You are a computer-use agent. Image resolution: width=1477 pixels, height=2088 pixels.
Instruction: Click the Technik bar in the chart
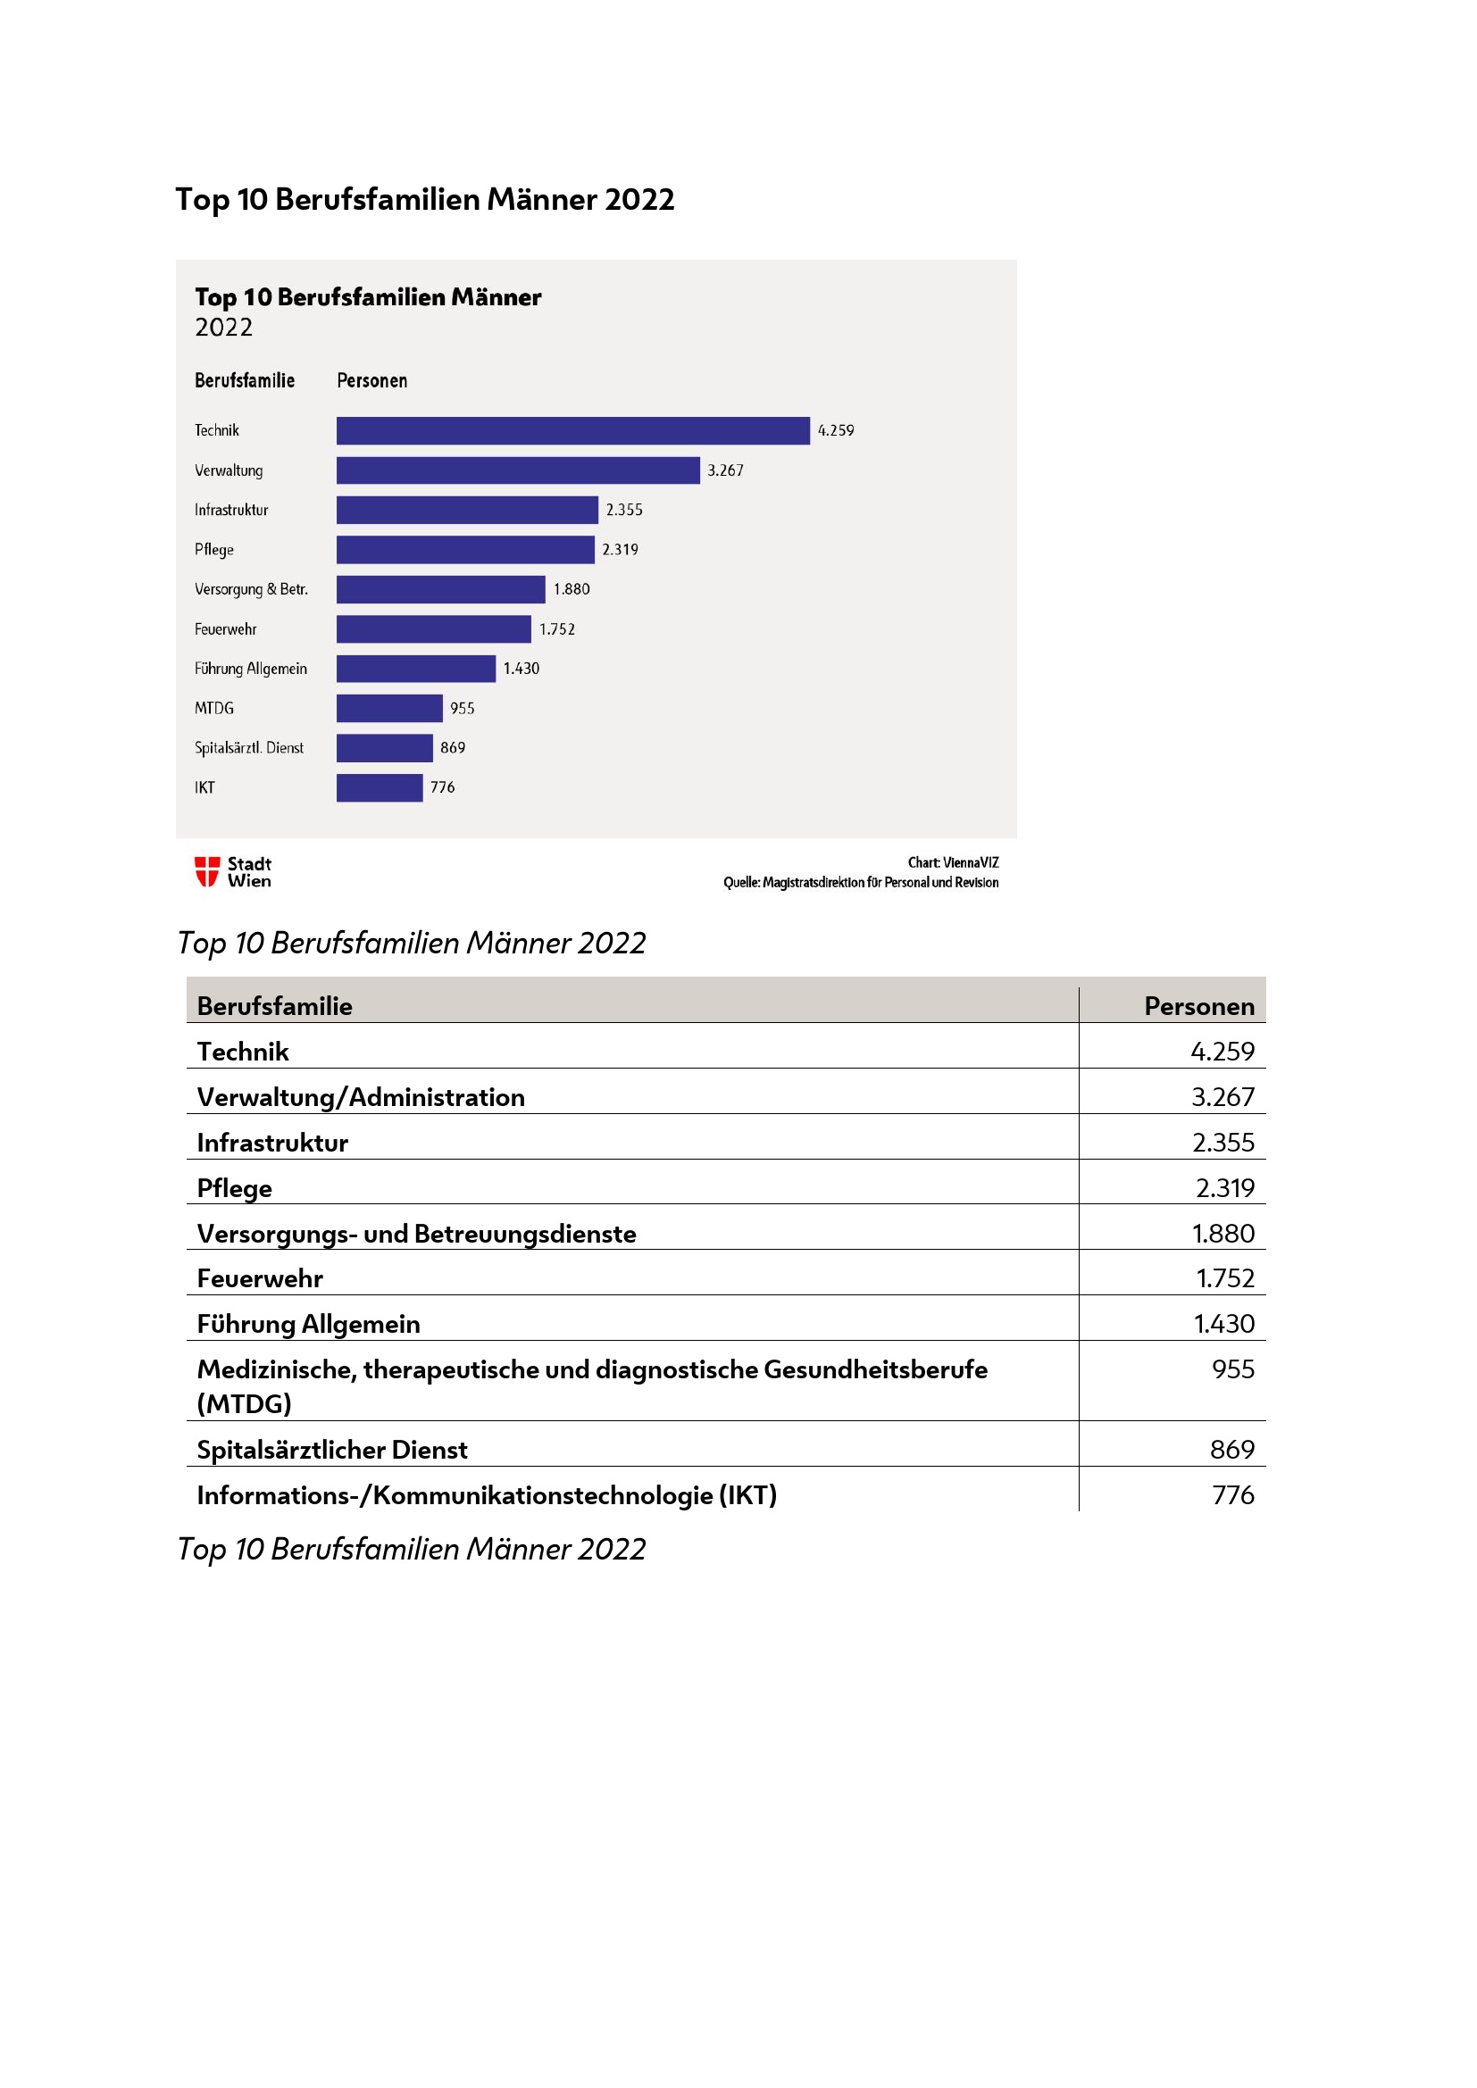(572, 430)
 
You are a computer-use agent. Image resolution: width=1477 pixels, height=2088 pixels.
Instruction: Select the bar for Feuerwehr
(433, 628)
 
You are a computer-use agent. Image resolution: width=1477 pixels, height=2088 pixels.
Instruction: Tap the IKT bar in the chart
(380, 787)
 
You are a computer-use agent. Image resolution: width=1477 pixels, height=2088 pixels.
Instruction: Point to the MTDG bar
(389, 708)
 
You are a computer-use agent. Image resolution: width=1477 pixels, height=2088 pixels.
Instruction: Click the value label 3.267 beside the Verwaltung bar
(725, 470)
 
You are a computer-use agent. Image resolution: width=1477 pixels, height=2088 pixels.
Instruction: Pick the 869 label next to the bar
(452, 747)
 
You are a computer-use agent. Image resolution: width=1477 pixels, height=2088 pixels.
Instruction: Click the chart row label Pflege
(213, 549)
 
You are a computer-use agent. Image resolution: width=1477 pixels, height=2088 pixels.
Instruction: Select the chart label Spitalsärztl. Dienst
(248, 747)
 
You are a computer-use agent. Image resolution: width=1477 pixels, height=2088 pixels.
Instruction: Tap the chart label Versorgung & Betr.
(251, 589)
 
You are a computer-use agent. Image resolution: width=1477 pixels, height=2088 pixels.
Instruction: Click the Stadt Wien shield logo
(207, 871)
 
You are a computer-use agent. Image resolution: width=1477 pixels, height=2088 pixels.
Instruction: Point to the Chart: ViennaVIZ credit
(952, 862)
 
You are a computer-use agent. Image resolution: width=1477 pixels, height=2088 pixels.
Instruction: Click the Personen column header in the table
(1197, 1006)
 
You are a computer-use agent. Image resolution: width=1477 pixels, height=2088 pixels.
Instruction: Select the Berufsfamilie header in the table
(275, 1006)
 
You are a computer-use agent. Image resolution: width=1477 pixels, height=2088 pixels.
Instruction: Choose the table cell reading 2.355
(1222, 1143)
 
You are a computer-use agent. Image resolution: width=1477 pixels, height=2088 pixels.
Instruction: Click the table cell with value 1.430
(1223, 1323)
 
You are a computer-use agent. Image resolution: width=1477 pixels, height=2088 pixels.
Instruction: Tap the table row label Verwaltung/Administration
(361, 1097)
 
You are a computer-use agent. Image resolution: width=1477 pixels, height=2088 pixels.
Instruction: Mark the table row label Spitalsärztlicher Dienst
(332, 1450)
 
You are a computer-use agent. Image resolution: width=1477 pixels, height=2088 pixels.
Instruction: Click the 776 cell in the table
(1232, 1495)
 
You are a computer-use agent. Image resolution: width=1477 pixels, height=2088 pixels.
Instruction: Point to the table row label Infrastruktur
(273, 1143)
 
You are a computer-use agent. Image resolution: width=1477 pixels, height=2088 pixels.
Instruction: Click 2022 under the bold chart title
(224, 328)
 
